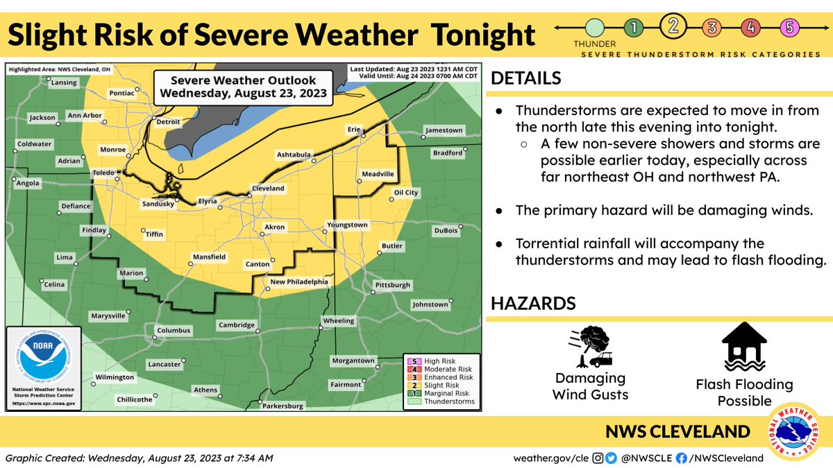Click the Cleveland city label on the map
pos(267,189)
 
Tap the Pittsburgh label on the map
pos(393,285)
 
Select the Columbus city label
pos(173,331)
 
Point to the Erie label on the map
pos(354,129)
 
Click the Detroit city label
pos(167,121)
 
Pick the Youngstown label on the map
pos(348,225)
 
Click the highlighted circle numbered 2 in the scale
pos(673,28)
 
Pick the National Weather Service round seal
pos(796,432)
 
